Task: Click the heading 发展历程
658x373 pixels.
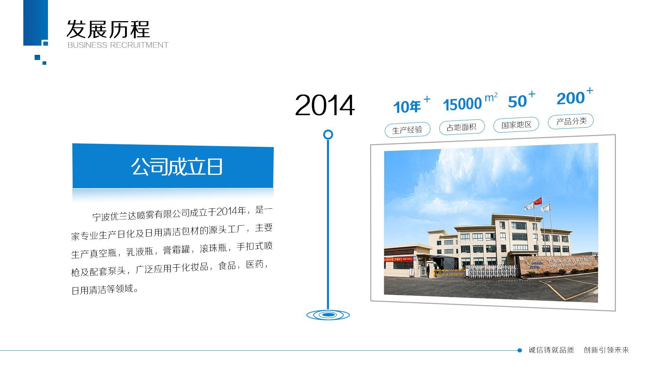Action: (x=108, y=29)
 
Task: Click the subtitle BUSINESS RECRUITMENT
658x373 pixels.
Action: (x=118, y=45)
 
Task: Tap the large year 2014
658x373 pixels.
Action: (x=324, y=106)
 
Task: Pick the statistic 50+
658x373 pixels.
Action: (x=521, y=100)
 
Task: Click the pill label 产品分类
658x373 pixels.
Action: (x=571, y=121)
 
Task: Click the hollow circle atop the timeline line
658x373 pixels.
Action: (x=328, y=134)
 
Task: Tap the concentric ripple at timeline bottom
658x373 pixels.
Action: (x=328, y=315)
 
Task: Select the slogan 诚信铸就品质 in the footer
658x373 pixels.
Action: (x=551, y=350)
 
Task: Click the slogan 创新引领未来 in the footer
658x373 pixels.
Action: (x=606, y=350)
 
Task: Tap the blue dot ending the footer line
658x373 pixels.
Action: (x=520, y=350)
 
